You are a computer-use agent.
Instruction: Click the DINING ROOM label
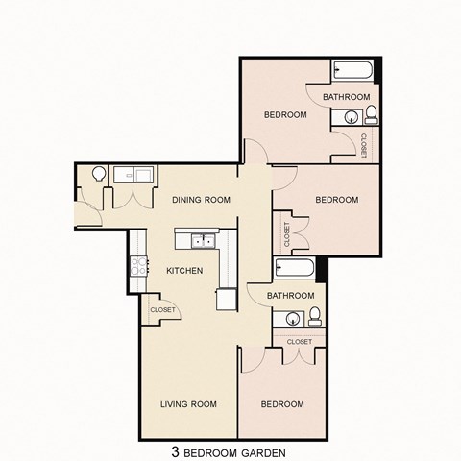202,200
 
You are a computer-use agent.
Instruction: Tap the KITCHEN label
184,271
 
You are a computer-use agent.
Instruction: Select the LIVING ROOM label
188,403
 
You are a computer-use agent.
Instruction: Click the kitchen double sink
202,241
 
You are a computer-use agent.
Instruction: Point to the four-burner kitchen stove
138,266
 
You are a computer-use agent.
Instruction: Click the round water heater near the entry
98,175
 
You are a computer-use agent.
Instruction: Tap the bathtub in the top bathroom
352,72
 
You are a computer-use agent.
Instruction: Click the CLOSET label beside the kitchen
162,310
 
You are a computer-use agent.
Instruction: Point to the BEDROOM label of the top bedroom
285,114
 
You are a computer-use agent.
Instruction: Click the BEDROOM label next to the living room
282,403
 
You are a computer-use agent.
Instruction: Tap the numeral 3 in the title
176,449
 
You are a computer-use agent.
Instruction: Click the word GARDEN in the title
261,449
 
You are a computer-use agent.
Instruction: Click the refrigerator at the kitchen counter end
226,299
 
